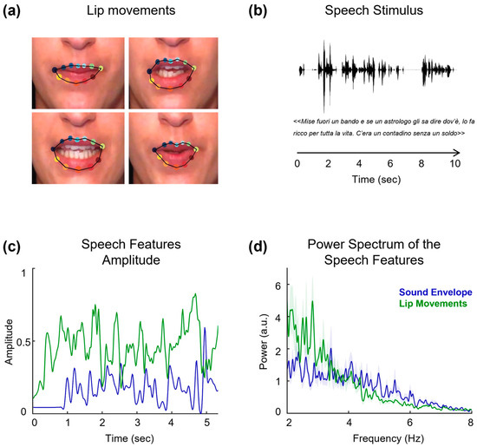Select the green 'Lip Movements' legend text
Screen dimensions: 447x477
(433, 306)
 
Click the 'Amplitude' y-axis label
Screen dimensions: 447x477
(9, 339)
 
